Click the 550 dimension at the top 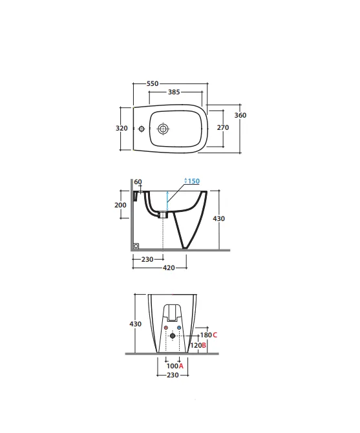(153, 83)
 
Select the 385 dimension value (174, 92)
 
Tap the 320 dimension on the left (122, 128)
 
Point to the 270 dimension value (223, 127)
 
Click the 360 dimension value (240, 115)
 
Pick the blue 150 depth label (193, 181)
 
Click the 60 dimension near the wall (138, 182)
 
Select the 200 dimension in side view (120, 205)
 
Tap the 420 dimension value (169, 268)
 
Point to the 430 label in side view (218, 218)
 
